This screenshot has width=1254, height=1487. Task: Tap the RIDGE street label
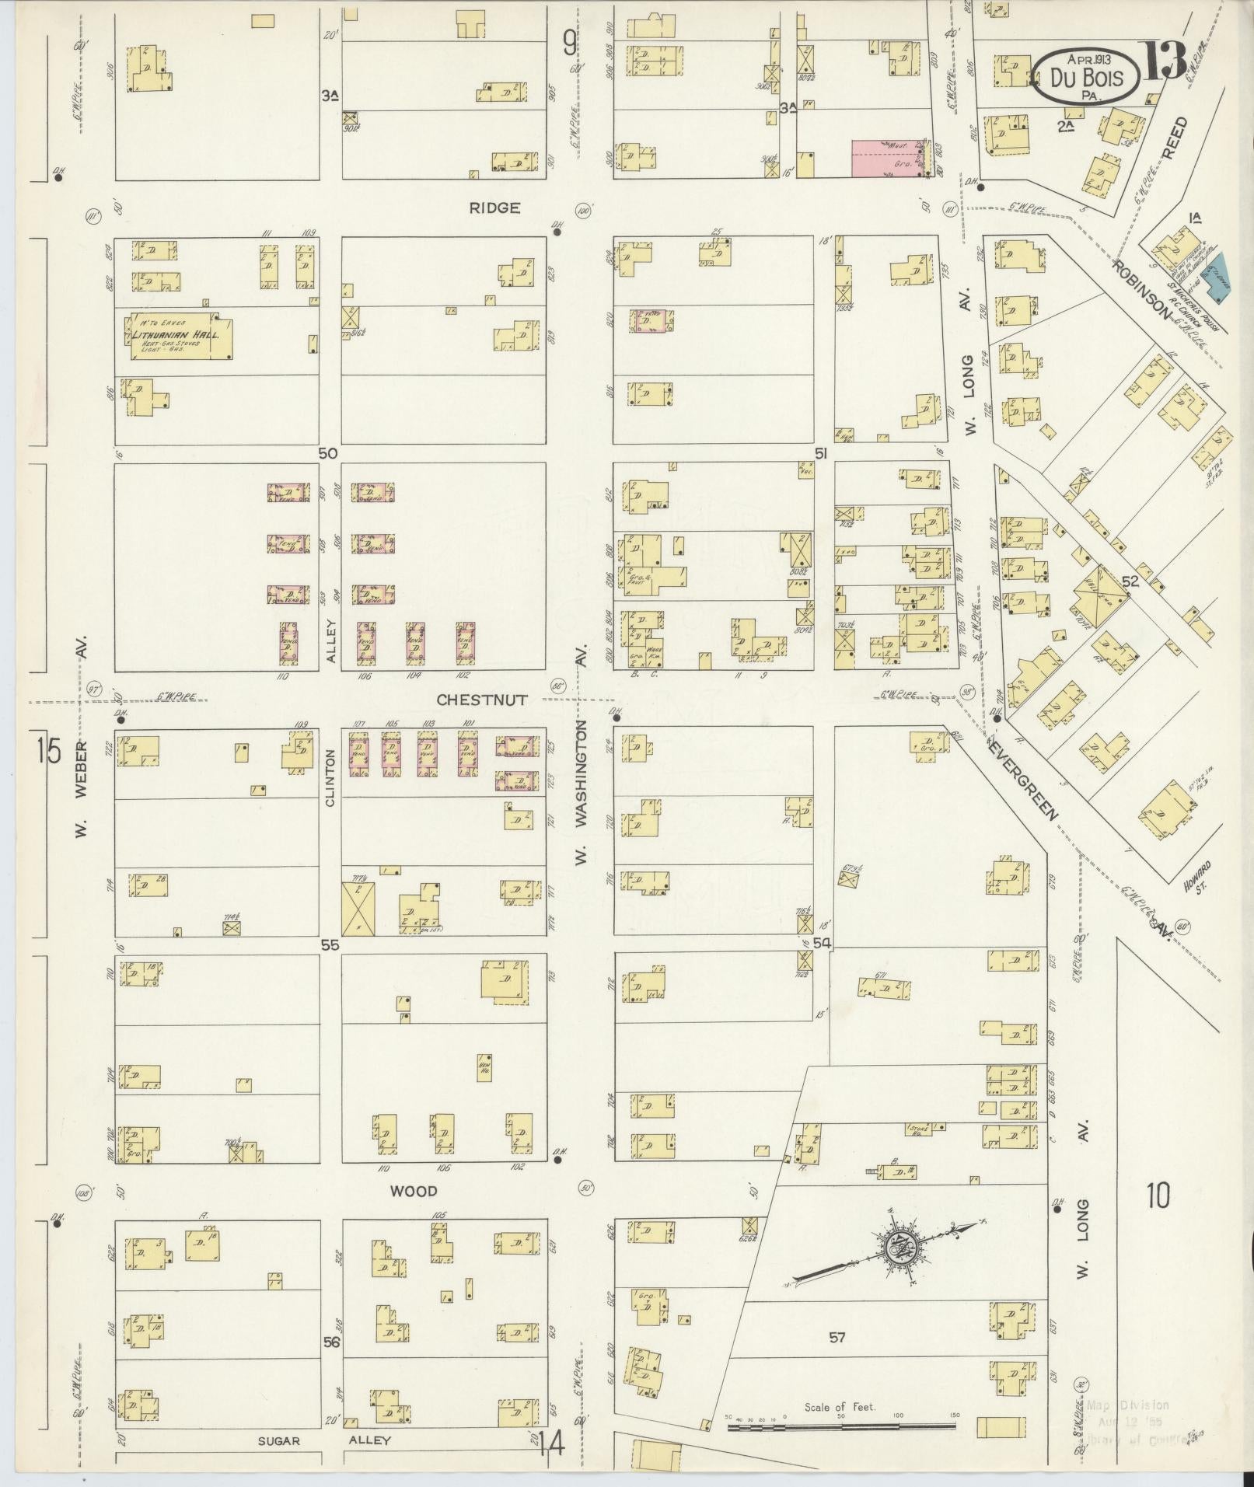[494, 208]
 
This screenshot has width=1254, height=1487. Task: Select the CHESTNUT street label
[481, 700]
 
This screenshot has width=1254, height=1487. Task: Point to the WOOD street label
[413, 1191]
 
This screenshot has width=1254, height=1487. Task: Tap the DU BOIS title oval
[1086, 76]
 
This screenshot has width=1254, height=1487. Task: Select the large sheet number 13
[1164, 61]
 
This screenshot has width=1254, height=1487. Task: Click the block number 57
[837, 1338]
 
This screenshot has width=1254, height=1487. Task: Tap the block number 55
[330, 944]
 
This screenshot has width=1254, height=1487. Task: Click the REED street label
[1180, 138]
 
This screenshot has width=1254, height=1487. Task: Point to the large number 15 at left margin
[48, 752]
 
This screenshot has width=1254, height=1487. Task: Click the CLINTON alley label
[330, 777]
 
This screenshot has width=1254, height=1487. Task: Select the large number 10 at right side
[1156, 1197]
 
